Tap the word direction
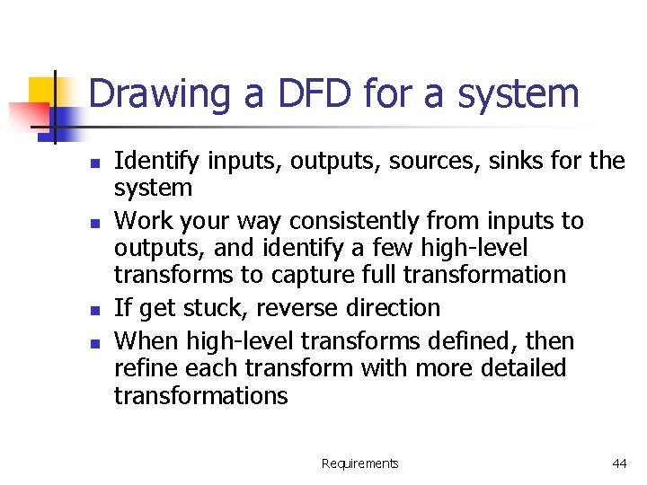[392, 308]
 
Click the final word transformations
[200, 395]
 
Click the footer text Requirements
[359, 463]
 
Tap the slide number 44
[619, 463]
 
